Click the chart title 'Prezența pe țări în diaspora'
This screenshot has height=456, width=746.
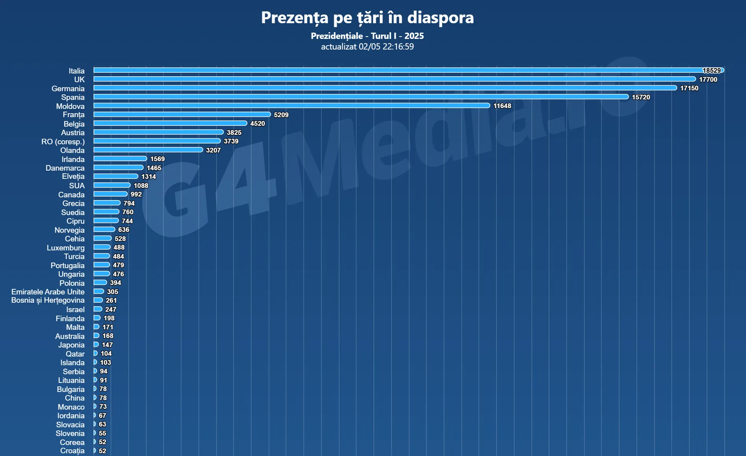point(367,18)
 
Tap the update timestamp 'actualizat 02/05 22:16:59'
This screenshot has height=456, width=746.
point(367,47)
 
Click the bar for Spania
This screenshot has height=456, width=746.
point(361,97)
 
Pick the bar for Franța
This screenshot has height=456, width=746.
point(182,114)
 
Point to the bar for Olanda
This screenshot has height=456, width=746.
point(148,150)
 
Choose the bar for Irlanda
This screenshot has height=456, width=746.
point(120,158)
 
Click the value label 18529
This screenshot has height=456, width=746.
point(711,70)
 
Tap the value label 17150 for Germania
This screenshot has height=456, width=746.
point(689,88)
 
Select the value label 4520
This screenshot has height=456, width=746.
point(257,123)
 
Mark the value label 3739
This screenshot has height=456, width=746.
point(231,141)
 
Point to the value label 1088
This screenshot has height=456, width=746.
point(141,186)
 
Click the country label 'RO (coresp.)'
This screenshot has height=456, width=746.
point(63,142)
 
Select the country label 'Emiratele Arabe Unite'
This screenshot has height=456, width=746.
point(48,292)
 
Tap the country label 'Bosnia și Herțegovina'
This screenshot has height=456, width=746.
point(48,300)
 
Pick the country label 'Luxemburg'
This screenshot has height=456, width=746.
point(66,248)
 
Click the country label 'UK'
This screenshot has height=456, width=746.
point(79,79)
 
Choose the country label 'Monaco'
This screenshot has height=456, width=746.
point(71,407)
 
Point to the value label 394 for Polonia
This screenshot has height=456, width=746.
point(116,283)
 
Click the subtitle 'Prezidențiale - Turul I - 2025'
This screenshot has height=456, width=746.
point(367,36)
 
